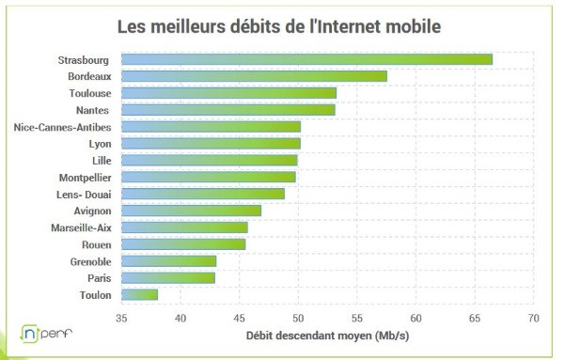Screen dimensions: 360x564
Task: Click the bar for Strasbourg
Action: (307, 59)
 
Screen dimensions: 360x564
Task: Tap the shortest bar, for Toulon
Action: (140, 294)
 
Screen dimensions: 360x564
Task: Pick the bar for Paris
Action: (168, 277)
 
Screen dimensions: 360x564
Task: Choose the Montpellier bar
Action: (209, 177)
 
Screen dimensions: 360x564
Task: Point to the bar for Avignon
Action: (192, 211)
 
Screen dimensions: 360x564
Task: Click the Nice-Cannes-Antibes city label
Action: (63, 127)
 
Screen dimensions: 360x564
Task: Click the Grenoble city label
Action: (90, 260)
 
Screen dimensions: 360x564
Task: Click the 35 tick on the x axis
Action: (121, 317)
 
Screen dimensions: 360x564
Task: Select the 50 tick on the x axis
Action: (298, 317)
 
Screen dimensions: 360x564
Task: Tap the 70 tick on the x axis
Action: (534, 317)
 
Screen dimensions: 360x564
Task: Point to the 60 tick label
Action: (415, 317)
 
